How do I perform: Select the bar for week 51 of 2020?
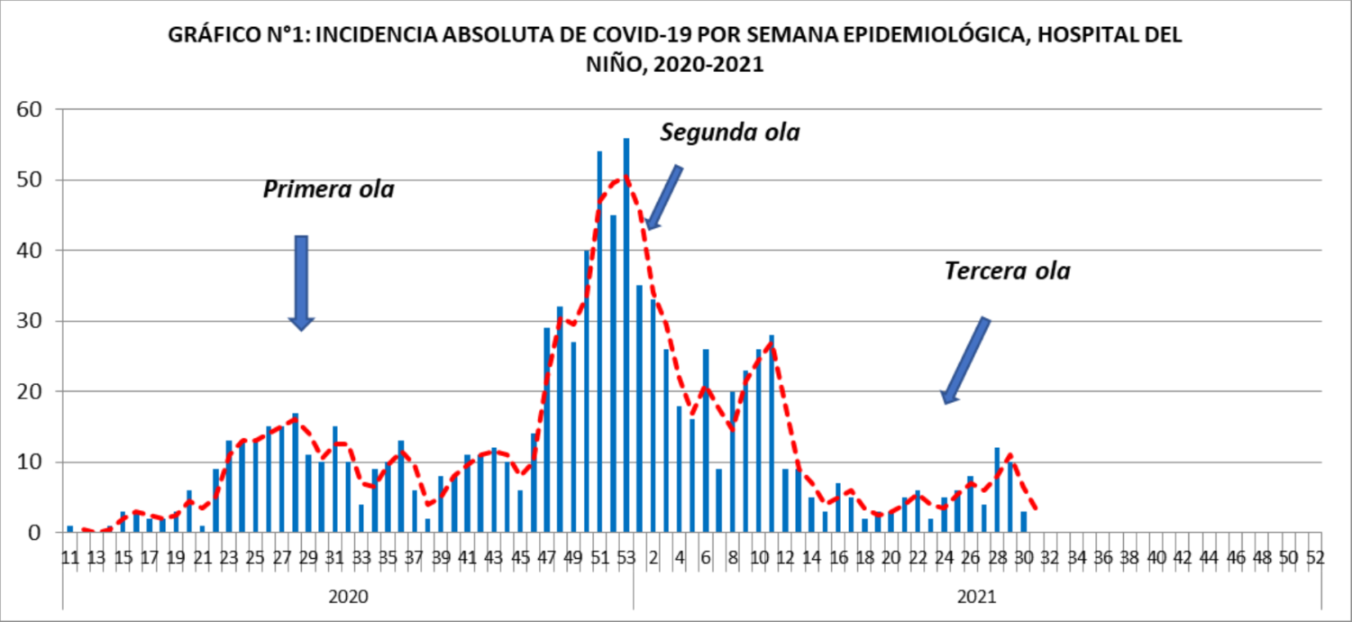coord(599,343)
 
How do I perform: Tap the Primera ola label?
coord(329,190)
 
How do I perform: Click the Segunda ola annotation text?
coord(730,133)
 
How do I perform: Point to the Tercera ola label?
coord(1007,271)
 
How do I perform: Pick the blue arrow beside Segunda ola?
coord(664,197)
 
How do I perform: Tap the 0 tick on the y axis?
coord(35,533)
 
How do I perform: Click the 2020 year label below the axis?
coord(347,597)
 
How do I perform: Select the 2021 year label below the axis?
coord(976,597)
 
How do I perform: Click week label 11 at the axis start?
coord(69,558)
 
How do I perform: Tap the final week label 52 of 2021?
coord(1315,558)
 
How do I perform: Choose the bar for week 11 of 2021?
coord(772,434)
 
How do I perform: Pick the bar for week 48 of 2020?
coord(560,420)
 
